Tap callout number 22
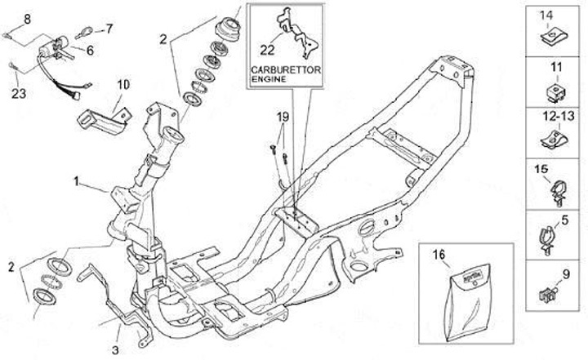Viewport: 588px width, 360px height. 266,47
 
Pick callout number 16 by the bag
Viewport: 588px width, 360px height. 439,255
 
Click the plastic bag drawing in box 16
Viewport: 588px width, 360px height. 458,294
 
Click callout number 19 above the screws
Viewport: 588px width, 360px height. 283,118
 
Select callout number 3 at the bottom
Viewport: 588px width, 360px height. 117,334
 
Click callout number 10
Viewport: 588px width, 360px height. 123,83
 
